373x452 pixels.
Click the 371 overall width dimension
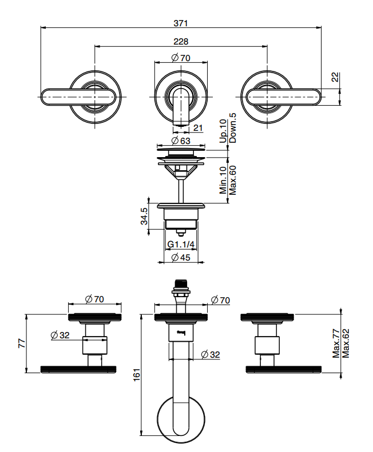point(181,23)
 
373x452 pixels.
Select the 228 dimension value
point(181,42)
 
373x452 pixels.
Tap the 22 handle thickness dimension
point(335,77)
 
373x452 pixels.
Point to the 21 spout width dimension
point(198,127)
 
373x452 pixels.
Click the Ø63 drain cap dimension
point(181,141)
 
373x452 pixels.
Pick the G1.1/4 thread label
point(181,245)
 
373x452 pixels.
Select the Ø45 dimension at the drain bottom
point(181,257)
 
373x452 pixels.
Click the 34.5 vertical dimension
point(144,216)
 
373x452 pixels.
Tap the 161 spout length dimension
point(137,375)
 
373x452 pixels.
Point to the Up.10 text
point(223,131)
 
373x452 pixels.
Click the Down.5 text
point(232,127)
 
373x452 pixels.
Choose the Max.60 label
point(232,180)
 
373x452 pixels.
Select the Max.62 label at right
point(346,343)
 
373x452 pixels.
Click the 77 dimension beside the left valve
point(22,343)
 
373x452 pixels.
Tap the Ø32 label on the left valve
point(60,335)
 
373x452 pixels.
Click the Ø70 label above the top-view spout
point(181,58)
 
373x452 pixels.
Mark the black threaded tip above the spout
point(181,283)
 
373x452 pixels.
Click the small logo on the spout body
point(181,333)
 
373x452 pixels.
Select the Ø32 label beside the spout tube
point(211,354)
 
